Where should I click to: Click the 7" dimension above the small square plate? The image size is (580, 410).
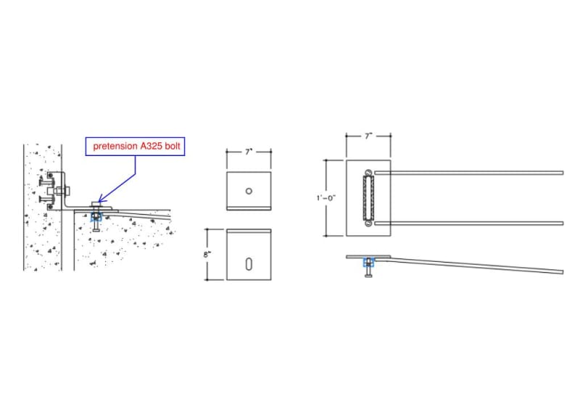tap(248, 152)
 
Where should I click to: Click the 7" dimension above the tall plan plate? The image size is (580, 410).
tap(368, 136)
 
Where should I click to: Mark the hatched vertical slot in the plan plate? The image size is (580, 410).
tap(368, 197)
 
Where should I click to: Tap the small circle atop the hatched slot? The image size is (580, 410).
tap(368, 172)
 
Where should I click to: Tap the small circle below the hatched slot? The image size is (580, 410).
tap(368, 224)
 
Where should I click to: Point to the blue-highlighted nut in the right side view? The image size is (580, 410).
tap(369, 262)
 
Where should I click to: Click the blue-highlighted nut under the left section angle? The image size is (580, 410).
tap(96, 215)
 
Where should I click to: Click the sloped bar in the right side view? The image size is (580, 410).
tap(478, 264)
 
